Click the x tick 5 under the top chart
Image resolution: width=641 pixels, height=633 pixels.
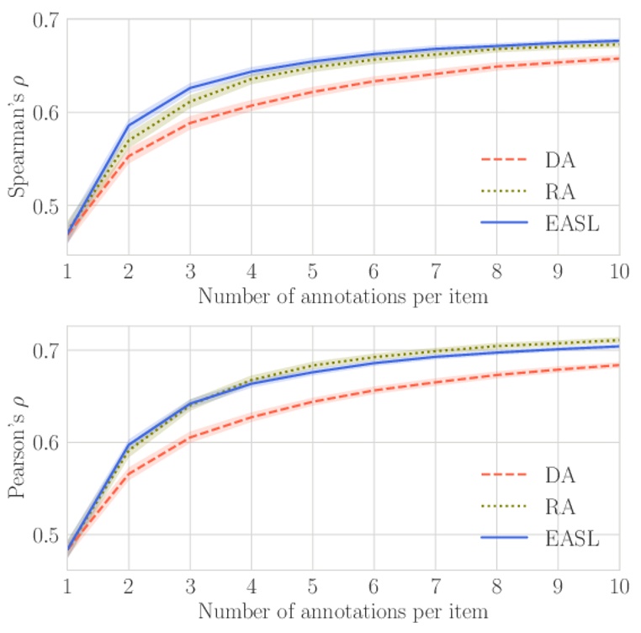pyautogui.click(x=313, y=271)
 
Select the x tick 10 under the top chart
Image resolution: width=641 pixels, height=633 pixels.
pyautogui.click(x=619, y=271)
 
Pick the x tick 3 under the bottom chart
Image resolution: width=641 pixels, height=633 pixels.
pyautogui.click(x=190, y=586)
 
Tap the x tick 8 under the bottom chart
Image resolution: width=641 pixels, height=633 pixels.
pyautogui.click(x=497, y=586)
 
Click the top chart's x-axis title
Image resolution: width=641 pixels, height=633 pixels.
pyautogui.click(x=342, y=296)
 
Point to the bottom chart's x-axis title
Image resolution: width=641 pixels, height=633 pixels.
pyautogui.click(x=342, y=611)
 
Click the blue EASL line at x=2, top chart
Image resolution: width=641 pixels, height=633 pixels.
pyautogui.click(x=129, y=125)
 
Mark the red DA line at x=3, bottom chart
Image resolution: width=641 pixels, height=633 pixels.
pyautogui.click(x=190, y=437)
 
